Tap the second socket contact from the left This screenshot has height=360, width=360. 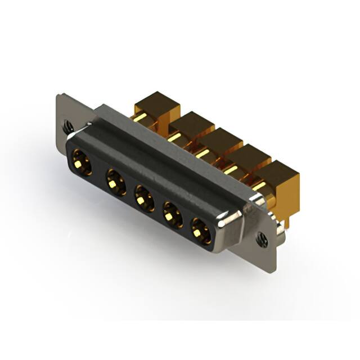116,182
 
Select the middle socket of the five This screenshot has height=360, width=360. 143,199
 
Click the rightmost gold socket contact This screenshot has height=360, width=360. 200,229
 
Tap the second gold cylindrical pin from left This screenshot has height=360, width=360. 175,137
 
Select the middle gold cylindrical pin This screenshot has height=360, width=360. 203,152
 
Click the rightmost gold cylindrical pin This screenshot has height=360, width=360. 260,186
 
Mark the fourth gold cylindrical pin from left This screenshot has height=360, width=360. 231,169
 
